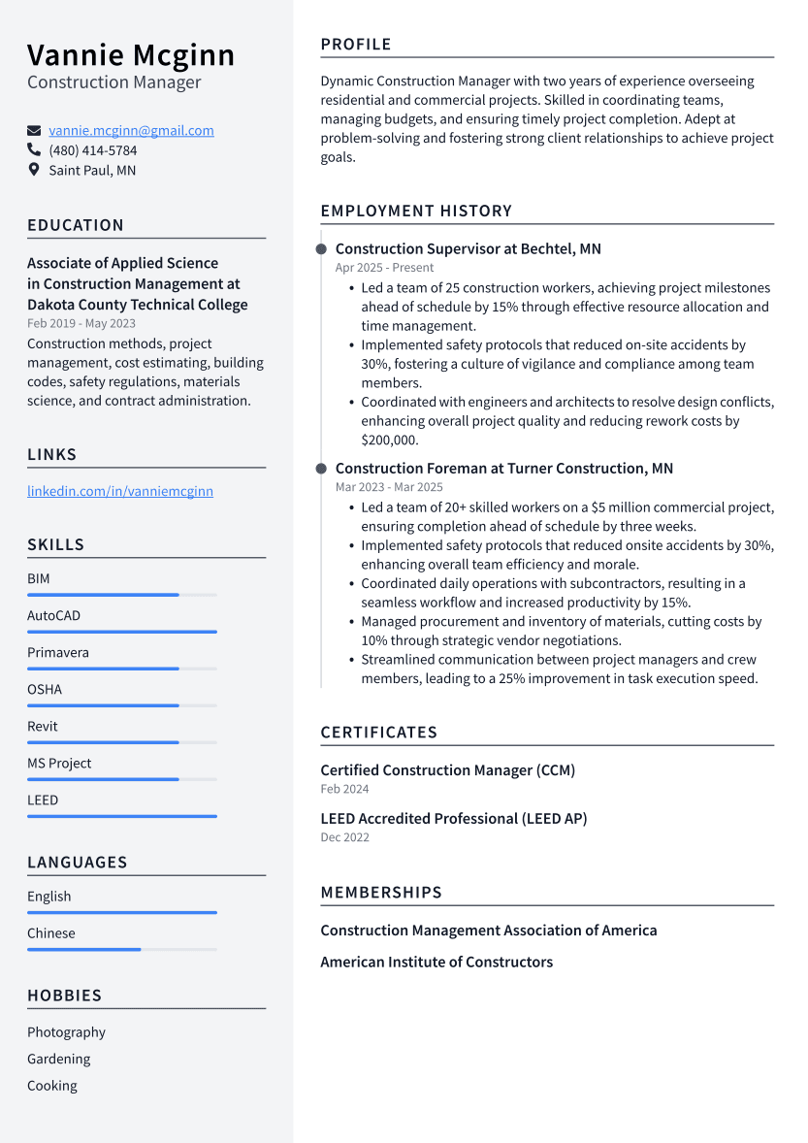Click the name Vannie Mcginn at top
tap(131, 55)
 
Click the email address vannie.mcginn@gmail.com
tap(131, 130)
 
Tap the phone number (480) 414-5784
tap(93, 150)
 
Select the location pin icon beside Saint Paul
tap(34, 170)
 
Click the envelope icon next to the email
tap(34, 130)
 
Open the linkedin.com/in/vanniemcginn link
tap(120, 491)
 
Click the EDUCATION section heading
tap(76, 225)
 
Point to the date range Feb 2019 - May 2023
tap(81, 324)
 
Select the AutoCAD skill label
tap(53, 615)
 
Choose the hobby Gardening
tap(58, 1059)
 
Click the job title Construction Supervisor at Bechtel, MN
tap(468, 248)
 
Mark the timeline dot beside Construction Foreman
tap(321, 469)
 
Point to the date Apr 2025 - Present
tap(384, 268)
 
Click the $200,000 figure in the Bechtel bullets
tap(389, 440)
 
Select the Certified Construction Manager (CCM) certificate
tap(447, 770)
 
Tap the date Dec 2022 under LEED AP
tap(344, 837)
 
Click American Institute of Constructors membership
tap(436, 962)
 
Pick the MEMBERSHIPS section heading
tap(381, 892)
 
